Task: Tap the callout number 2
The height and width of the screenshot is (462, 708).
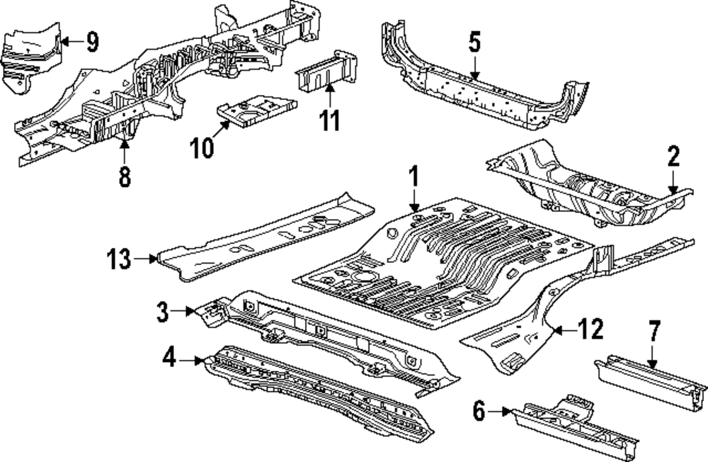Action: click(673, 157)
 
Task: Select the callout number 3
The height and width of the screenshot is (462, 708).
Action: click(163, 312)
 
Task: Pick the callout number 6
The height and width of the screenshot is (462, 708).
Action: click(479, 411)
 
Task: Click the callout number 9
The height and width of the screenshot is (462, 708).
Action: click(91, 43)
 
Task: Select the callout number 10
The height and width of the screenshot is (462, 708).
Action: click(201, 147)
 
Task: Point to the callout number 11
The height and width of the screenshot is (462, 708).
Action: click(329, 120)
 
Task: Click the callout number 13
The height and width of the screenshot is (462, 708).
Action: click(120, 259)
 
